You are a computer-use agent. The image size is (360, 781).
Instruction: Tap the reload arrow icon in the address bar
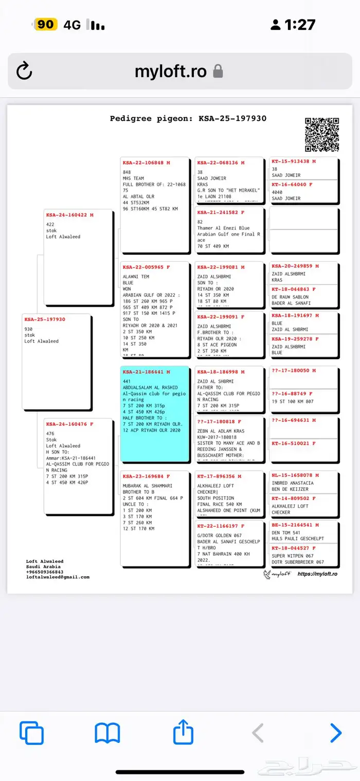coord(24,71)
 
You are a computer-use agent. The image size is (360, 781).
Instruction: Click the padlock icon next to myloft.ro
coord(218,71)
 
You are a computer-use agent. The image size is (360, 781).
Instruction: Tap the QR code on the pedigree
coord(322,135)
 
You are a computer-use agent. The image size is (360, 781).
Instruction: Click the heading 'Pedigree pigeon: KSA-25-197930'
coord(188,118)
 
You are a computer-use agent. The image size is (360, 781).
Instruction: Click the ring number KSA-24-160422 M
coord(70,216)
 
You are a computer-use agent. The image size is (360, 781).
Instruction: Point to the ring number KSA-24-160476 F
coord(70,424)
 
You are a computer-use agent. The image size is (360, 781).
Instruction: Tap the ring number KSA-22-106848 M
coord(147,163)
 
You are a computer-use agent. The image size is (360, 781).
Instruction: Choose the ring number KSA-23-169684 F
coord(147,476)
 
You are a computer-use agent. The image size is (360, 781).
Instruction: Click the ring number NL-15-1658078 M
coord(295,475)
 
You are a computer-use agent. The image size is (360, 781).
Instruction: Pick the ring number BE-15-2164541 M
coord(295,525)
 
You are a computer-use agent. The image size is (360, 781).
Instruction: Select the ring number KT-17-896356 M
coord(221,476)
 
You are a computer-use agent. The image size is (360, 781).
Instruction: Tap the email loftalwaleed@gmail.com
coord(58,577)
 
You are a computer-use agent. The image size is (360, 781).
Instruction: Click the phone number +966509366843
coord(45,572)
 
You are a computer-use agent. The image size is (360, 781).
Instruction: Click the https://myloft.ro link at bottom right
coord(317,574)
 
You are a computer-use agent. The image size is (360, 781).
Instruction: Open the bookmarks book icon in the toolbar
coord(107,733)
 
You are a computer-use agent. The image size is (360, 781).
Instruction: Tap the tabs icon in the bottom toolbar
coord(32,733)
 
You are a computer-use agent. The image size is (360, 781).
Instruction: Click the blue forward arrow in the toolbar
coord(335,733)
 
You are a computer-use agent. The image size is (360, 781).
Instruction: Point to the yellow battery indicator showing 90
coord(45,24)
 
